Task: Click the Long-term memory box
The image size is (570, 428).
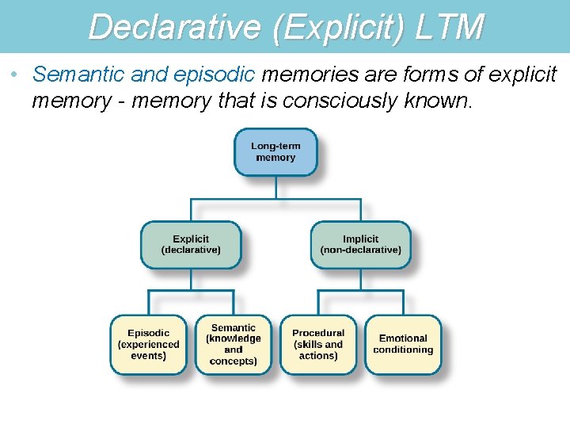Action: click(275, 152)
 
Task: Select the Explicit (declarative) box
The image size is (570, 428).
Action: click(191, 244)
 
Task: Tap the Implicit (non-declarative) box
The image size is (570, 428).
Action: click(360, 244)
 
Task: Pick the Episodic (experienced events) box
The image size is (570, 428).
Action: click(149, 345)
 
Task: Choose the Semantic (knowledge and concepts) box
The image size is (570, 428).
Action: click(234, 345)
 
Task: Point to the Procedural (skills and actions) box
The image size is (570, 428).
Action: click(318, 345)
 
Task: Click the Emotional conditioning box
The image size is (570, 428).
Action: click(403, 345)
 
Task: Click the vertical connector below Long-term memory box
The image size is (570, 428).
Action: click(275, 187)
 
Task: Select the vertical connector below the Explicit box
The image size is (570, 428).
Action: click(191, 279)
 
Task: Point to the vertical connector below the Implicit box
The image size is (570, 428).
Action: click(360, 279)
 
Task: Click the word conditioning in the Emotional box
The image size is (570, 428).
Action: click(403, 350)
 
